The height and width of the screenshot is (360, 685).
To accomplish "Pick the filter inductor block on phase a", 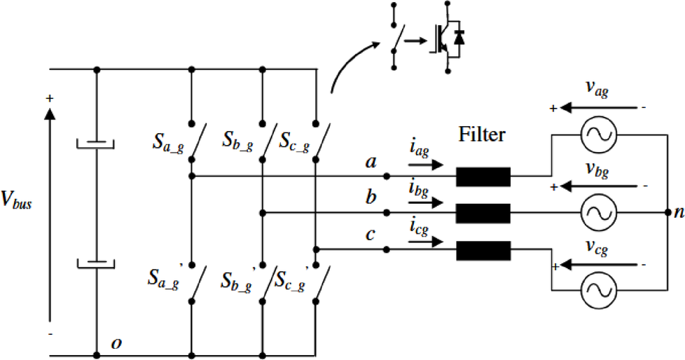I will (x=483, y=177).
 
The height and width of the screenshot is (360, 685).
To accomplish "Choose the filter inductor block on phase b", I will (x=483, y=212).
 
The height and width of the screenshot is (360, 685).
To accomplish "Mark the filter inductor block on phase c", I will (x=483, y=250).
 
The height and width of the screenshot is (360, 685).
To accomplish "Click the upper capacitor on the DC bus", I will (x=96, y=144).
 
